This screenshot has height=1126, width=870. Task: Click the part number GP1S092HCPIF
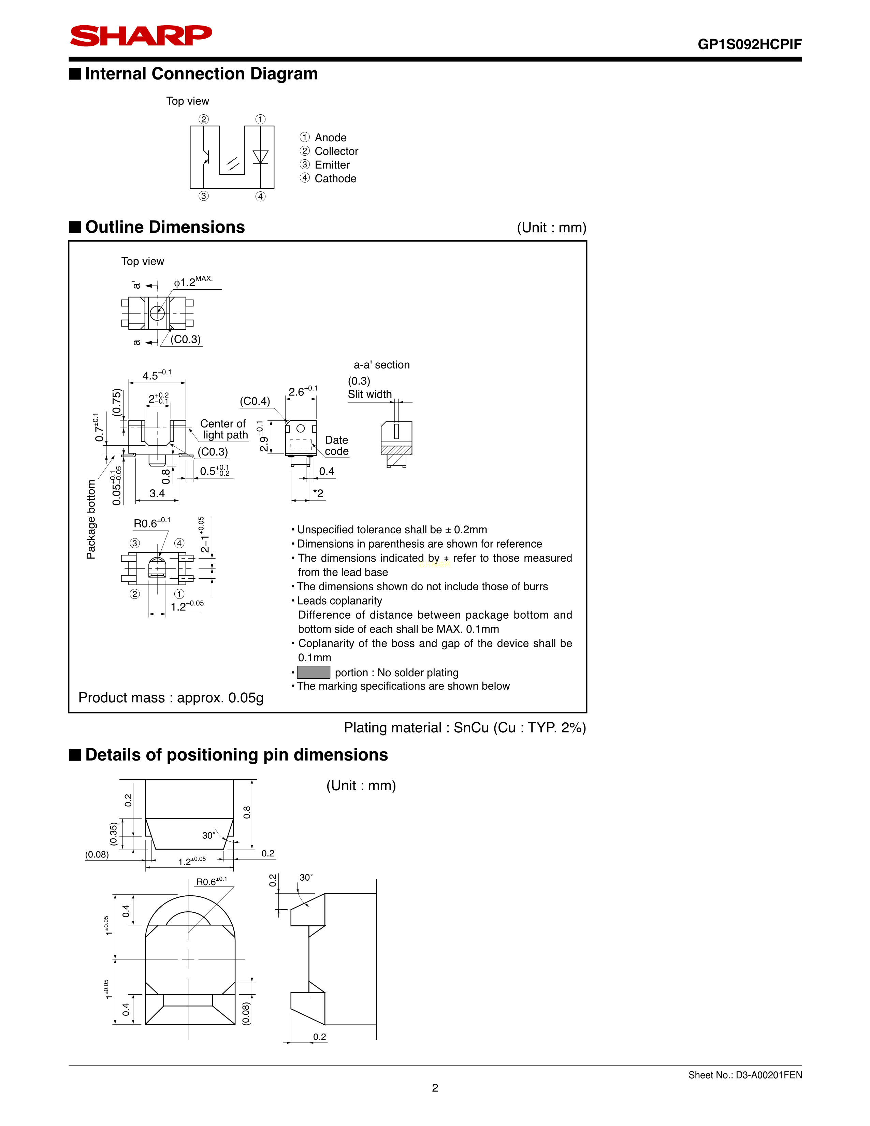(750, 44)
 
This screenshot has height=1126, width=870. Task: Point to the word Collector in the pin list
(336, 151)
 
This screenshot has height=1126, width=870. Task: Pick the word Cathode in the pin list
(335, 178)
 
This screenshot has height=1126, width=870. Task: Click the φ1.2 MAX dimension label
(193, 281)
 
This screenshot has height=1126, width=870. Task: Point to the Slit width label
(369, 394)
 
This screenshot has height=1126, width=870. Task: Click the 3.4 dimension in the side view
(157, 493)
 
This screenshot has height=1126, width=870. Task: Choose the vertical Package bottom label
(91, 519)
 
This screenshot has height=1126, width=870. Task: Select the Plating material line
(465, 727)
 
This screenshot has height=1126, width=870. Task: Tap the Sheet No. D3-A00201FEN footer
(745, 1075)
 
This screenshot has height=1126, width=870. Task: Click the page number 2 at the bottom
(435, 1088)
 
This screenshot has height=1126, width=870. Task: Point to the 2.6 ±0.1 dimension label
(303, 391)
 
